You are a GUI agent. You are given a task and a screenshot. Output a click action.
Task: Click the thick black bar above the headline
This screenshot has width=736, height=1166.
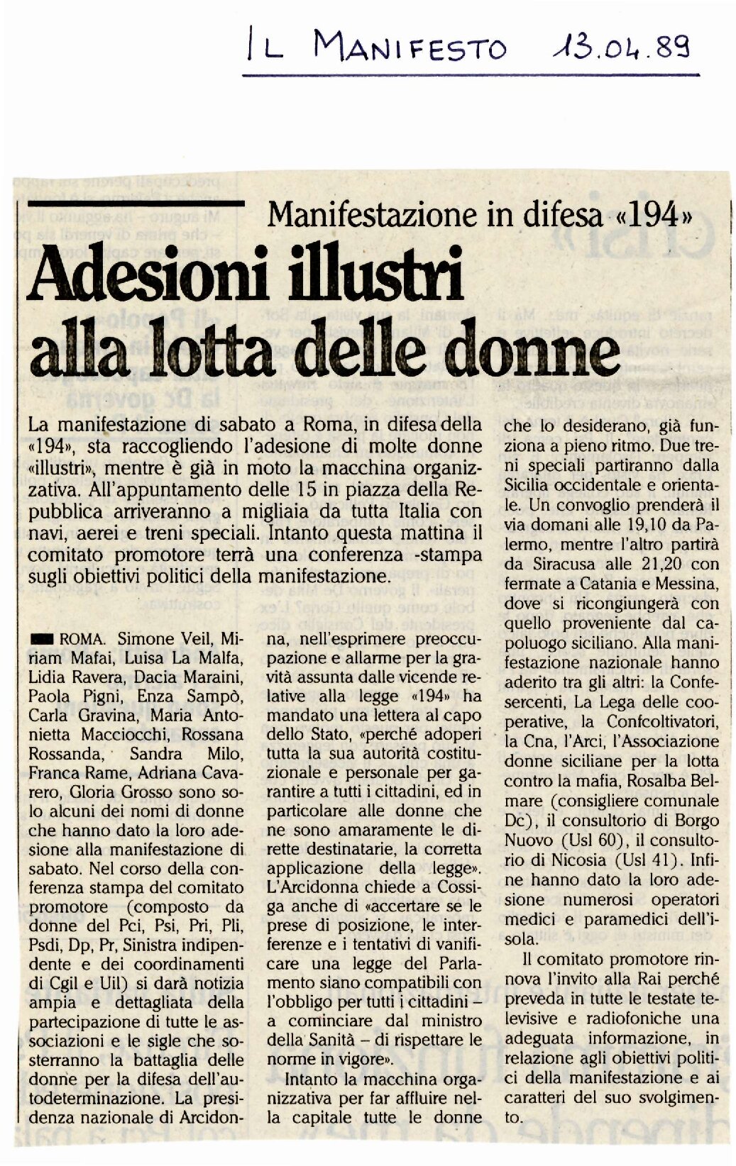click(x=132, y=204)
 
